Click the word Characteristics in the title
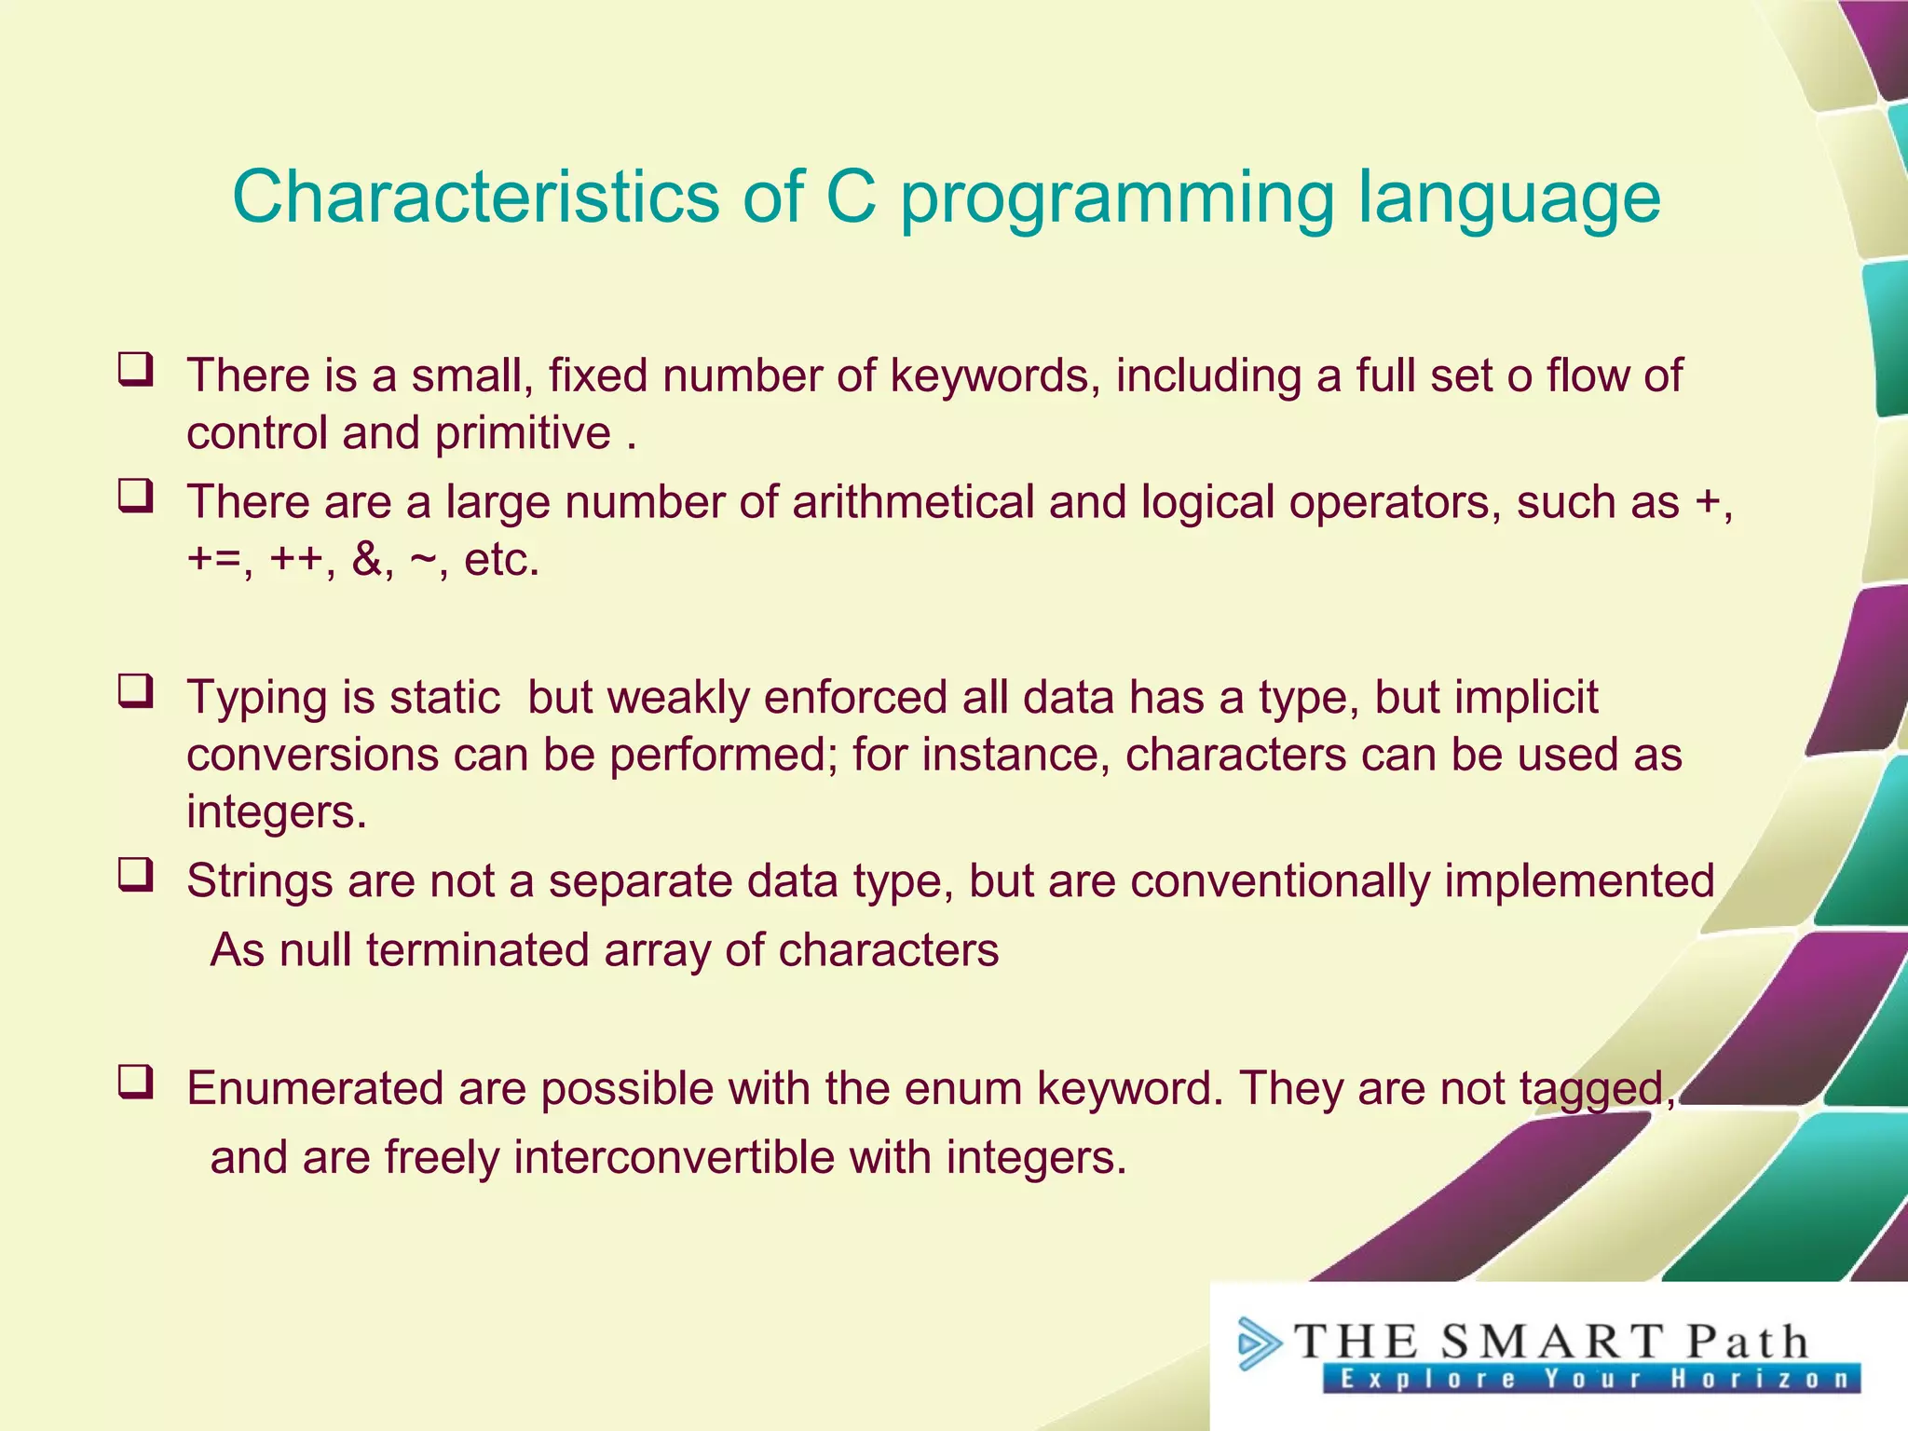(475, 197)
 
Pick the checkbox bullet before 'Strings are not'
(136, 875)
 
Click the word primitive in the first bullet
(523, 434)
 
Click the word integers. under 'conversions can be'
(277, 812)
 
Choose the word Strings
(259, 882)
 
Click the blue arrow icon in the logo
(1258, 1343)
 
